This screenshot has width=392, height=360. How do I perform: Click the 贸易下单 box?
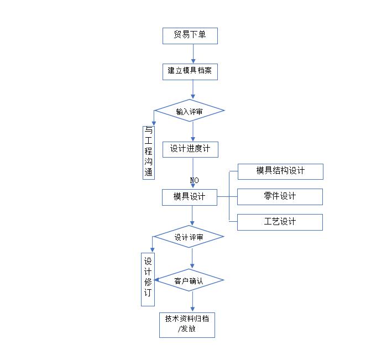(190, 35)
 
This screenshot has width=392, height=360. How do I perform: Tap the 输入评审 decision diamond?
(189, 111)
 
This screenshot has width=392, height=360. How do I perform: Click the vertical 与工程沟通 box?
(149, 152)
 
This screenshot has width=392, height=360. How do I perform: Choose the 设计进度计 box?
(190, 149)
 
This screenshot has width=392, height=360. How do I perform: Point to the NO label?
(194, 180)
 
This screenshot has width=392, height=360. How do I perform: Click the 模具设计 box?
(189, 197)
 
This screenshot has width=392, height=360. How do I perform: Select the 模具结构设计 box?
(280, 171)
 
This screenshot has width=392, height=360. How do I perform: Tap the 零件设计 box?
(280, 196)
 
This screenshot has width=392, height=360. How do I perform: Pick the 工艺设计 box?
(280, 222)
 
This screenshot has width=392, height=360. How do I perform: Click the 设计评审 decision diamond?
(189, 237)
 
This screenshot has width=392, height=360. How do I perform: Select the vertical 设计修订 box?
(148, 279)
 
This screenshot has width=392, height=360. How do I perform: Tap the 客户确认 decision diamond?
(189, 281)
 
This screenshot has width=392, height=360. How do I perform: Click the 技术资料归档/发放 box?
(187, 325)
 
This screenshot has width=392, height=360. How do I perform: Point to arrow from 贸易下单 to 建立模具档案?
(193, 53)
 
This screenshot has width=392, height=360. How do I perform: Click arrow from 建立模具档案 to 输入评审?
(193, 89)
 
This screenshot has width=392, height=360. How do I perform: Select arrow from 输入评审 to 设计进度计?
(193, 132)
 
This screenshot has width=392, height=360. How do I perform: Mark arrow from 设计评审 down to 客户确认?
(192, 258)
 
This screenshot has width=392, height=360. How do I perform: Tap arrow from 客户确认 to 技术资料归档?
(193, 302)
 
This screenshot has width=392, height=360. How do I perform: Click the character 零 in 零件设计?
(268, 196)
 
